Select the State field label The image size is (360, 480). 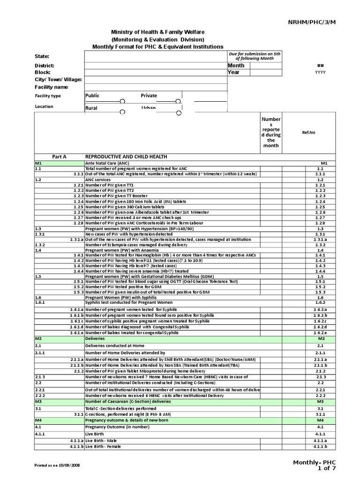click(42, 57)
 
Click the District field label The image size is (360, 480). click(45, 66)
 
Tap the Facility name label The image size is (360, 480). click(51, 87)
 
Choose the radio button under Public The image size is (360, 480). click(122, 101)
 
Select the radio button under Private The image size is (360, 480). click(178, 101)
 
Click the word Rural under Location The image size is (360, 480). click(91, 108)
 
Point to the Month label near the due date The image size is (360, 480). click(236, 66)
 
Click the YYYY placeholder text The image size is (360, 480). click(320, 73)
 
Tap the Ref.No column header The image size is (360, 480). click(309, 132)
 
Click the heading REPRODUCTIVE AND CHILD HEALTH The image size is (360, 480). click(126, 157)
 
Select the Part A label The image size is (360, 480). click(59, 157)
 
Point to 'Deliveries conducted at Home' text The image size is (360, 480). click(114, 345)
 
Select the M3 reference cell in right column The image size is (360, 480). click(321, 402)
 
